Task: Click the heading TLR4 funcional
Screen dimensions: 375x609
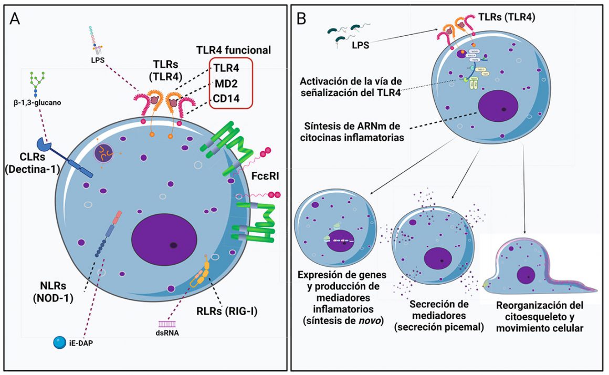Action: click(x=233, y=50)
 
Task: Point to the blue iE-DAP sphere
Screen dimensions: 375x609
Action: click(x=58, y=342)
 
